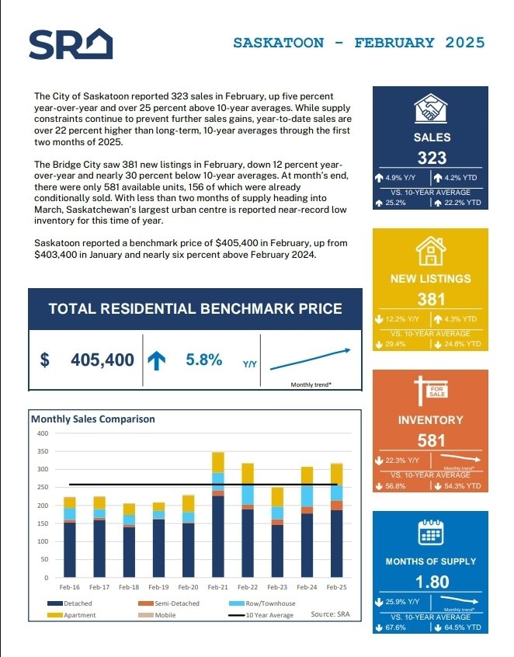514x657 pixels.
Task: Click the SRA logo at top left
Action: click(x=71, y=44)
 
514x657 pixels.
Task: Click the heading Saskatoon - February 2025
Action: click(x=359, y=42)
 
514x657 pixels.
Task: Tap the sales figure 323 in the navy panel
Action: click(x=432, y=158)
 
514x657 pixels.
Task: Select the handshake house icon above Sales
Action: click(x=431, y=109)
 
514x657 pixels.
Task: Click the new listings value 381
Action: click(x=432, y=299)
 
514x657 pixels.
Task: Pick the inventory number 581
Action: click(x=432, y=440)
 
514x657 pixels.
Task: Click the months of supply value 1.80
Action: click(x=432, y=582)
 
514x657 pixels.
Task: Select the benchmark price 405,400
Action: click(x=102, y=360)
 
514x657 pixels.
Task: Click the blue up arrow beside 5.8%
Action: click(x=157, y=360)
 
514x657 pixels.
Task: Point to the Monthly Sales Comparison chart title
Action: click(x=93, y=419)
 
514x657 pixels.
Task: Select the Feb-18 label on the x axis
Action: click(x=129, y=588)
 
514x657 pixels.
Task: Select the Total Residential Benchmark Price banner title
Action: click(x=195, y=308)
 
